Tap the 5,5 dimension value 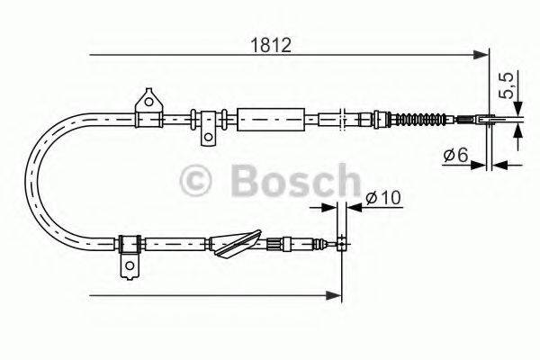(x=506, y=86)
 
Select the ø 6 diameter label (x=454, y=157)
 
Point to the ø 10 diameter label (x=381, y=198)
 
